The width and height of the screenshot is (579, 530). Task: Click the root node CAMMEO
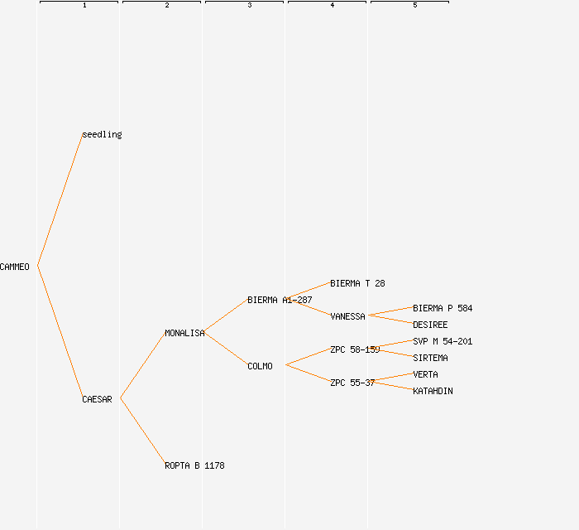tap(15, 267)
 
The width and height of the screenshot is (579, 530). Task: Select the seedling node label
tap(102, 134)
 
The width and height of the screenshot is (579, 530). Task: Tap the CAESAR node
tap(97, 399)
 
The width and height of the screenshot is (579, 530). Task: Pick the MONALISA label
tap(184, 333)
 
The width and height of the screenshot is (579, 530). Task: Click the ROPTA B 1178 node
tap(194, 465)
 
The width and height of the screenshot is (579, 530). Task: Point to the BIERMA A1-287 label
tap(280, 300)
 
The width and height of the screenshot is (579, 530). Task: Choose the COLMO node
tap(260, 366)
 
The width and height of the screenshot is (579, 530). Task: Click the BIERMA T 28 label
tap(357, 283)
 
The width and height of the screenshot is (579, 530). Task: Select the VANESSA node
tap(347, 316)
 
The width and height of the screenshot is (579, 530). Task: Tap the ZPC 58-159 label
tap(355, 349)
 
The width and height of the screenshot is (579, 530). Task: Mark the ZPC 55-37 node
tap(352, 383)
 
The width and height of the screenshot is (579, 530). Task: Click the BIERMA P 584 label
tap(443, 308)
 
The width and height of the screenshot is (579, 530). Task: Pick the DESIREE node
tap(430, 325)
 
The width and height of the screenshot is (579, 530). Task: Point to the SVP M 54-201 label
tap(443, 341)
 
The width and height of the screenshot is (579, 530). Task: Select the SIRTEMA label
tap(430, 358)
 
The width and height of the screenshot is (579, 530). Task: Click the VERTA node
tap(425, 374)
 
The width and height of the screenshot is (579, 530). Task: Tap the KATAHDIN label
tap(433, 391)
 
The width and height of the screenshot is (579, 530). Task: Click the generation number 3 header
tap(250, 6)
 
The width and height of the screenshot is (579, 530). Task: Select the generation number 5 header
tap(415, 6)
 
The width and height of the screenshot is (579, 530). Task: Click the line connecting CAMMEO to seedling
tap(60, 200)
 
